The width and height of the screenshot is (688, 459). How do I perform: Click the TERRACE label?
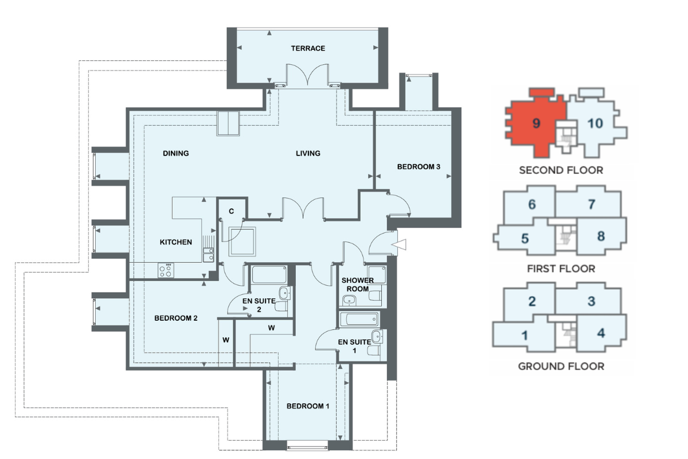[308, 48]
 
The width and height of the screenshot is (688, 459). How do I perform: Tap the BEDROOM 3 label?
[419, 166]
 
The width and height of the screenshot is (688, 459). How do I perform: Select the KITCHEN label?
[175, 242]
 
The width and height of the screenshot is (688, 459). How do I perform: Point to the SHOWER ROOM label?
[358, 285]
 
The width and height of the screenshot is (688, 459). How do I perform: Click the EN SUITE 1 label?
[354, 346]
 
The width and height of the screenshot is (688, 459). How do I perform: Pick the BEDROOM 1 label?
[308, 406]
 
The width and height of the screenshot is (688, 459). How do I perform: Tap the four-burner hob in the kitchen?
[166, 271]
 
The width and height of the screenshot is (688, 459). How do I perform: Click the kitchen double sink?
[208, 255]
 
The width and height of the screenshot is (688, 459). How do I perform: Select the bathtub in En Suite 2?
[269, 274]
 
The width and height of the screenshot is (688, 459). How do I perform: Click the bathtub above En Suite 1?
[359, 320]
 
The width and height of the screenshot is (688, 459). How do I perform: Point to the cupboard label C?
[231, 211]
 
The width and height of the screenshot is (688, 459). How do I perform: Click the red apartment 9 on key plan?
[536, 123]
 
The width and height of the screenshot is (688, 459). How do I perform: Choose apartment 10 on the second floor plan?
[595, 123]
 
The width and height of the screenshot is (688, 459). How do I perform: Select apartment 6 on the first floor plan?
[531, 204]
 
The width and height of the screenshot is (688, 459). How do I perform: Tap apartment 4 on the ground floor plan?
[601, 333]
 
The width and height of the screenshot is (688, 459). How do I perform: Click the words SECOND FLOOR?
[561, 170]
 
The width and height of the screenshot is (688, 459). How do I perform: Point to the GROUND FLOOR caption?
[561, 366]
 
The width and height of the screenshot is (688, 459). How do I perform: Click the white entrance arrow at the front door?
[400, 245]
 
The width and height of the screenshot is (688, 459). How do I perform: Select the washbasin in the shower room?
[349, 299]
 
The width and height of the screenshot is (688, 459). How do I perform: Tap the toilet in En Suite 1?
[374, 350]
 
